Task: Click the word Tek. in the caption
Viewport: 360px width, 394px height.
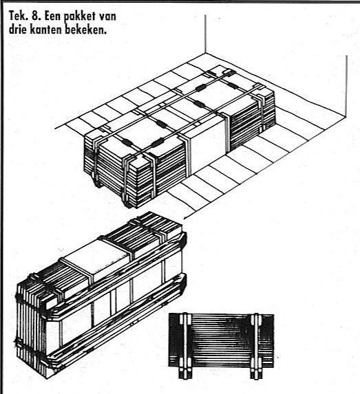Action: click(18, 17)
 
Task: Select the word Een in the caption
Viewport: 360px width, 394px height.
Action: click(52, 17)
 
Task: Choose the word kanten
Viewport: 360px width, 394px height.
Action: click(46, 30)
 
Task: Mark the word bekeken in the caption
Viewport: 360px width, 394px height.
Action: click(86, 30)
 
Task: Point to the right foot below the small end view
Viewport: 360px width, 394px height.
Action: click(256, 374)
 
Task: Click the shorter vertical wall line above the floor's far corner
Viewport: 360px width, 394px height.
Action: click(205, 34)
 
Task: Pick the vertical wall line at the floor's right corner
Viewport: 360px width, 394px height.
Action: click(346, 87)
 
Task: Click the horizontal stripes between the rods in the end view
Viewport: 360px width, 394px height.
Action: click(220, 339)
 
